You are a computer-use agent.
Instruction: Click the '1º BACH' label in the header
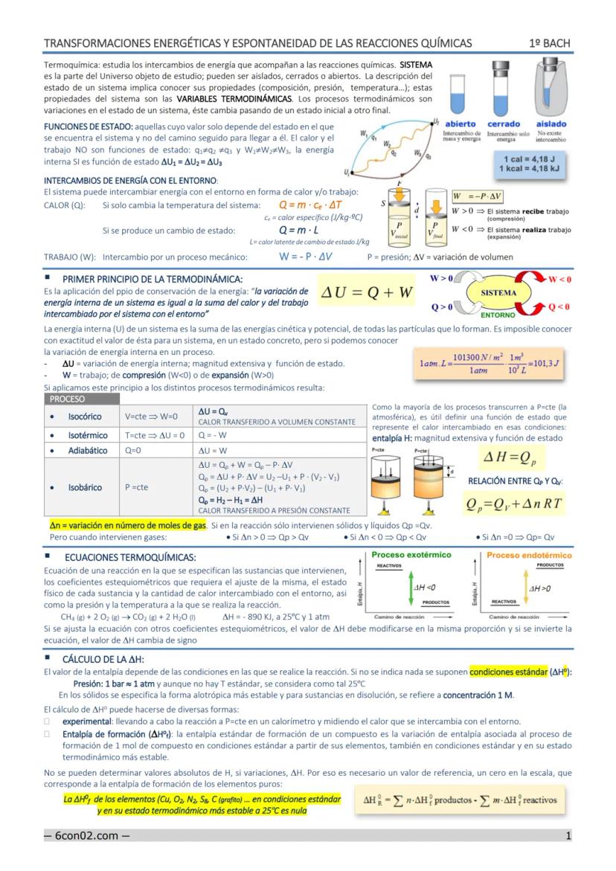click(x=550, y=43)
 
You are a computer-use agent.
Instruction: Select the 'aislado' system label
click(x=551, y=123)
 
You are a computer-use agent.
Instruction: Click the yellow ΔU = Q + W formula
click(x=368, y=293)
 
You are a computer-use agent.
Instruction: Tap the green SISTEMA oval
click(x=498, y=293)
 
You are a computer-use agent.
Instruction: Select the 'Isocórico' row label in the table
click(x=85, y=417)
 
